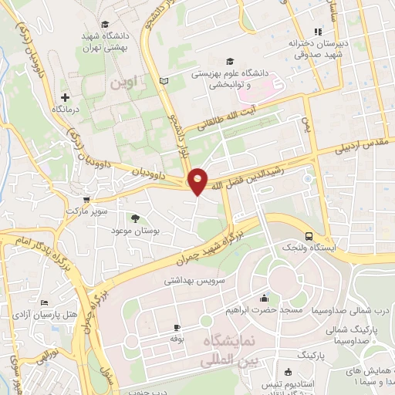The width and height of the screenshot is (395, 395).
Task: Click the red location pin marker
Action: point(198,180)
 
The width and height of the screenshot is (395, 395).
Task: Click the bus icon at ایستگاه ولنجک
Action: point(309,235)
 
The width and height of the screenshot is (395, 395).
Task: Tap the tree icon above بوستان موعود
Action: point(136,218)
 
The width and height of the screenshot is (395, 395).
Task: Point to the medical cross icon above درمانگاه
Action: point(66,98)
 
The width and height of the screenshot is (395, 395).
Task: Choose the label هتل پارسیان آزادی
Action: point(69,314)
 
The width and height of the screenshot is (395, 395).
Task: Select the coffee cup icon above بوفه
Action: point(177,327)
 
